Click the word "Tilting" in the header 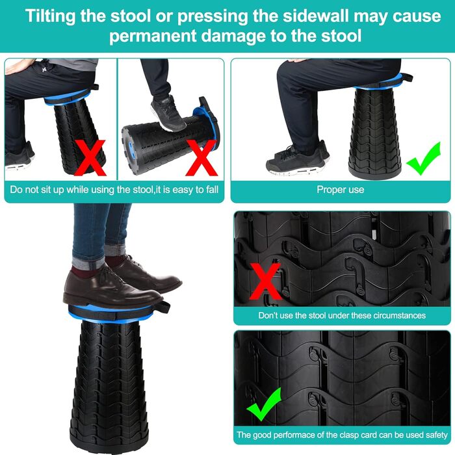[50, 16]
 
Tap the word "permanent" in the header [153, 36]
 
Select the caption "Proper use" [340, 190]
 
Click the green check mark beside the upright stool [424, 158]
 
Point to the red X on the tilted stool [90, 157]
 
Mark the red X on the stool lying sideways [201, 157]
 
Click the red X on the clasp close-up [265, 281]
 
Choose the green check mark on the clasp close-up [264, 404]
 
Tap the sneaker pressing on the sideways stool [168, 113]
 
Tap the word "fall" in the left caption [212, 190]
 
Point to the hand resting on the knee [18, 65]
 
